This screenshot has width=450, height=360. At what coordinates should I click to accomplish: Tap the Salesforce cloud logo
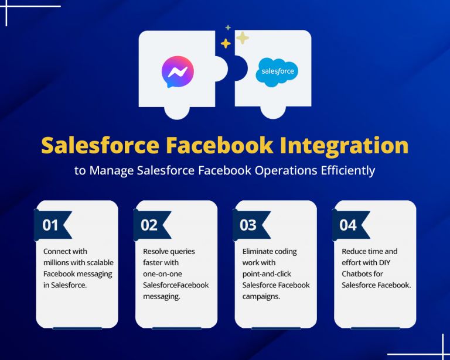pos(277,72)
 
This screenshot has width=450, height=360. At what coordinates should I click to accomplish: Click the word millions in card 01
pos(58,263)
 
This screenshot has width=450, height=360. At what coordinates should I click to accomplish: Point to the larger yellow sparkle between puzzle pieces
pos(242,38)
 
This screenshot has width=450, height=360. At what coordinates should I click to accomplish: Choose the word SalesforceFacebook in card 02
pos(176,285)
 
